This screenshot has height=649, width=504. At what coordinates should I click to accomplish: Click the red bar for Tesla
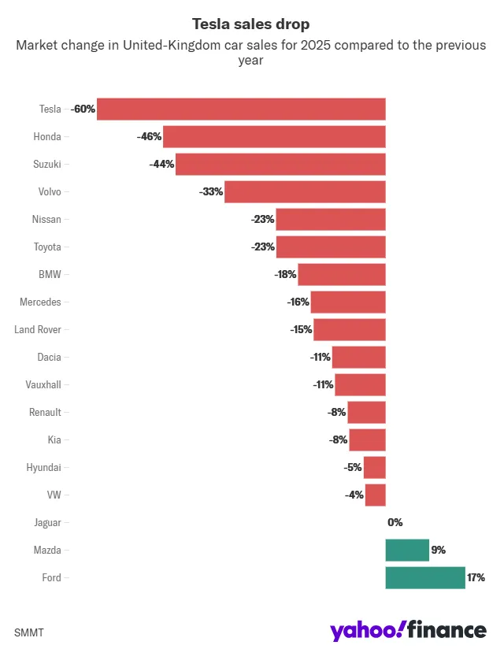click(241, 109)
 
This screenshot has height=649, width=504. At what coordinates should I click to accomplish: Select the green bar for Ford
click(425, 577)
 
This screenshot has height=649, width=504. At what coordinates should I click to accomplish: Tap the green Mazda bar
click(407, 550)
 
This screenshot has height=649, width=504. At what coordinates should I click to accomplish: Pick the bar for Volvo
click(305, 191)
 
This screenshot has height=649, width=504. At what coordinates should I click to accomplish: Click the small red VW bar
click(375, 495)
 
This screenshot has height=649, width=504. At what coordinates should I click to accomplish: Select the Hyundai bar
click(374, 467)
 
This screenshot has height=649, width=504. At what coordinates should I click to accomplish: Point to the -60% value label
click(83, 109)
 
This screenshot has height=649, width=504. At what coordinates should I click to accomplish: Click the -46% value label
click(149, 136)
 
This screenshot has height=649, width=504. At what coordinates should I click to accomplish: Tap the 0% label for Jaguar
click(395, 522)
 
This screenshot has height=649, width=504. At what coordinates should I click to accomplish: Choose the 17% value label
click(476, 577)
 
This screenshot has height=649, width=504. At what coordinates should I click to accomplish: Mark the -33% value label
click(212, 191)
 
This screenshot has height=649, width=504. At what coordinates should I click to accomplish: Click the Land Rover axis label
click(38, 329)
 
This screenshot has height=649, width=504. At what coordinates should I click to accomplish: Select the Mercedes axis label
click(40, 302)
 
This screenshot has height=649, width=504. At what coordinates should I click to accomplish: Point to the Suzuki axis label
click(46, 164)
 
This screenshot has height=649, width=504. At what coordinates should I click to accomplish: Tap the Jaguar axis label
click(47, 522)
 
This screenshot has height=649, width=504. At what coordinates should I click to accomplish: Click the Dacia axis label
click(49, 357)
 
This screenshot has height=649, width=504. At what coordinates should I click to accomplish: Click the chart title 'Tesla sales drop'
click(250, 24)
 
